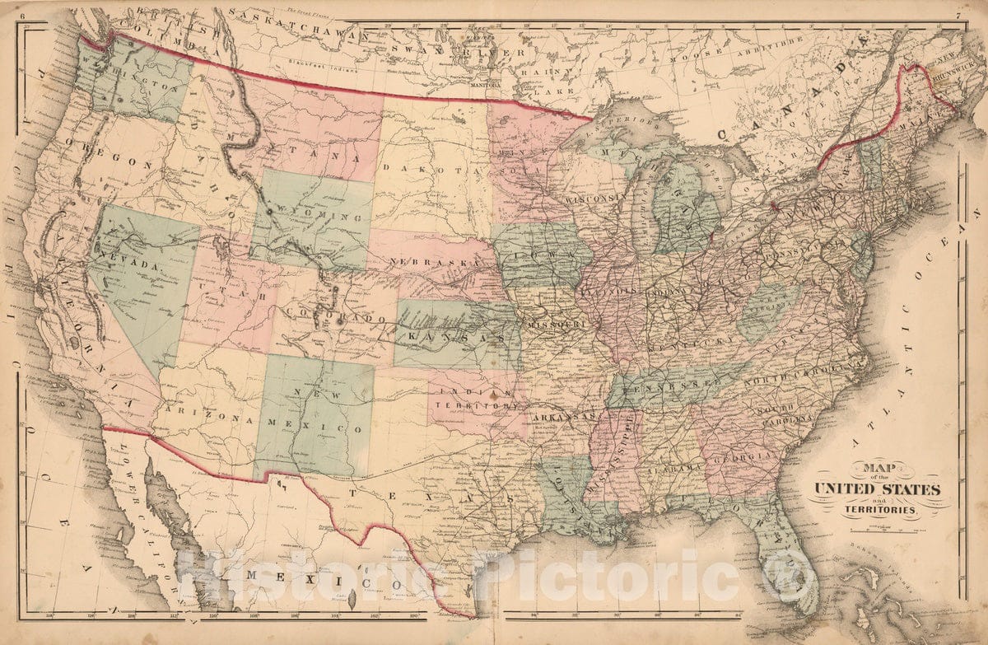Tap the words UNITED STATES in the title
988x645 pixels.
tap(877, 489)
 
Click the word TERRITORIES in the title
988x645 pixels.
tap(879, 511)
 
